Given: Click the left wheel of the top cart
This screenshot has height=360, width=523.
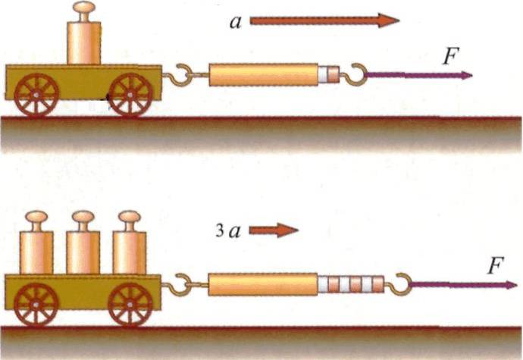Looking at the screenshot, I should (x=35, y=96).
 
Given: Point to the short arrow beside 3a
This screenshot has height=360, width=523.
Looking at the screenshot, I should (x=274, y=230).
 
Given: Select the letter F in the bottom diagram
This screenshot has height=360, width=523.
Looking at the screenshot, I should (x=496, y=266).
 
